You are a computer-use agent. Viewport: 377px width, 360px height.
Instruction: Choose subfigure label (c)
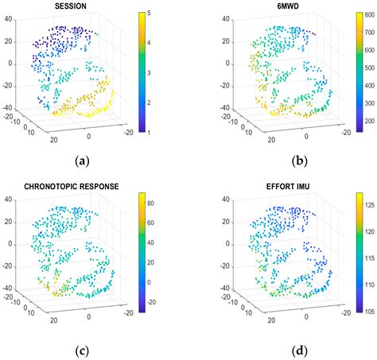click(x=81, y=350)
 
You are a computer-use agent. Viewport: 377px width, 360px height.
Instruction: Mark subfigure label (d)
click(x=276, y=350)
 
